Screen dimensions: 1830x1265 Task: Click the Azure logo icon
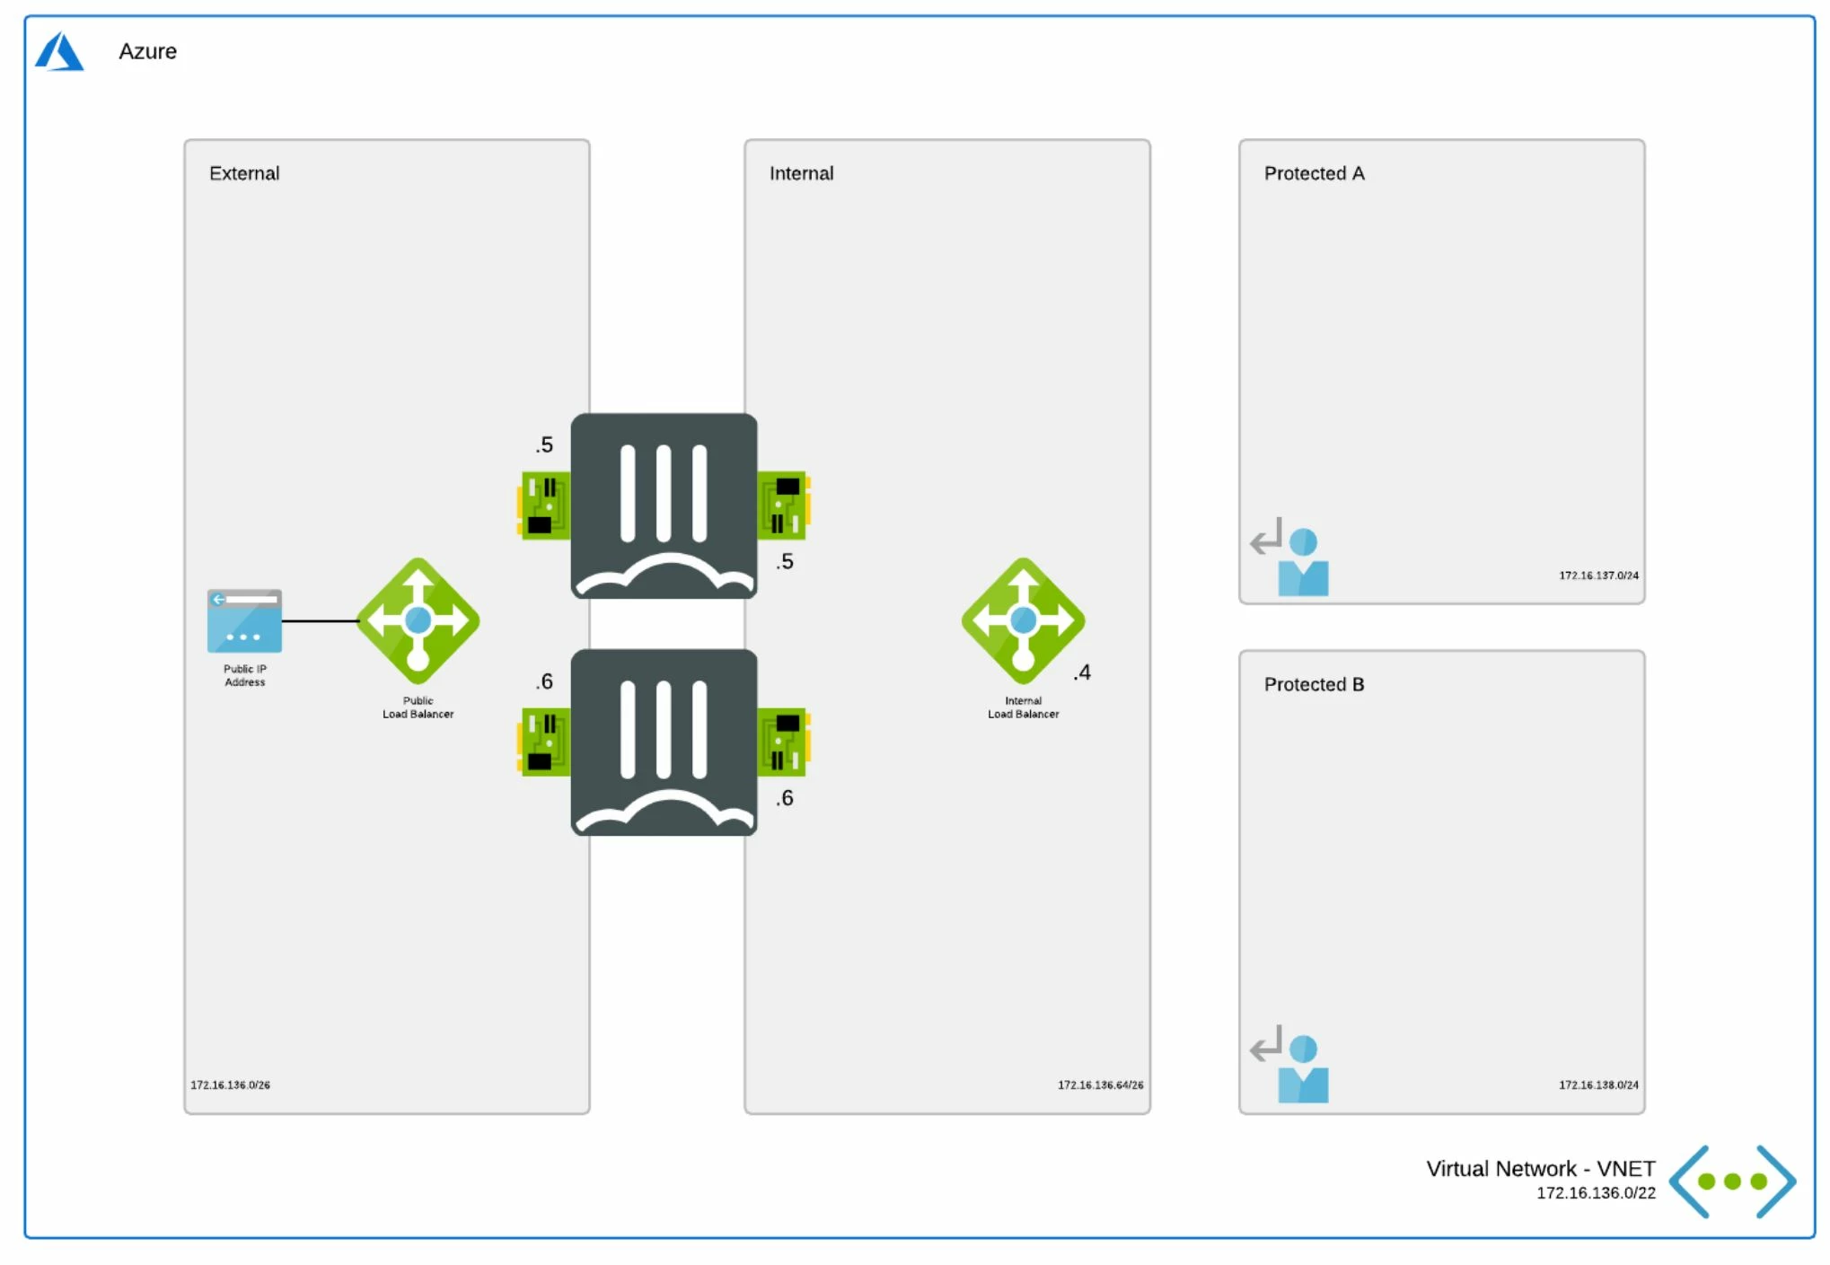pyautogui.click(x=59, y=51)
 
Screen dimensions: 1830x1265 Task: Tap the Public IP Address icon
pyautogui.click(x=244, y=621)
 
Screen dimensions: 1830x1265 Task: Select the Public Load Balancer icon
pyautogui.click(x=418, y=621)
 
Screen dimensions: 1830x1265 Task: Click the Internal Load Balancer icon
pyautogui.click(x=1024, y=621)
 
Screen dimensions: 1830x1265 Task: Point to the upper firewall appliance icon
pyautogui.click(x=664, y=505)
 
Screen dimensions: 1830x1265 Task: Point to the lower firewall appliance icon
pyautogui.click(x=664, y=742)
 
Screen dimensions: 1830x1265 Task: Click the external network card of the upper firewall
pyautogui.click(x=543, y=505)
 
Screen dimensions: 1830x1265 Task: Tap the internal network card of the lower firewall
pyautogui.click(x=784, y=742)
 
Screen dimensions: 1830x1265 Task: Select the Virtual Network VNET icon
pyautogui.click(x=1733, y=1182)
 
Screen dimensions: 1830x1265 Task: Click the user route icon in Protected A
pyautogui.click(x=1290, y=557)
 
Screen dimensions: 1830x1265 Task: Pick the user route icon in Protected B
pyautogui.click(x=1290, y=1064)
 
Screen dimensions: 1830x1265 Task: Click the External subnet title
pyautogui.click(x=244, y=173)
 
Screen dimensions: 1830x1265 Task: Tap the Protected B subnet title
pyautogui.click(x=1314, y=684)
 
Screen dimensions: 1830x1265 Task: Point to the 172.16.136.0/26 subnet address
pyautogui.click(x=230, y=1085)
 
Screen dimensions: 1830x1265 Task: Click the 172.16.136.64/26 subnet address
pyautogui.click(x=1100, y=1085)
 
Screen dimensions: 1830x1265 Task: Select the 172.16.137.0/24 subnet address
pyautogui.click(x=1598, y=575)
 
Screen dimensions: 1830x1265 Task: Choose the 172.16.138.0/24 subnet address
pyautogui.click(x=1598, y=1085)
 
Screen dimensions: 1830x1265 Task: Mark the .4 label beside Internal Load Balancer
pyautogui.click(x=1082, y=672)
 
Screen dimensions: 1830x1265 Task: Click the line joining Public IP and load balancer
pyautogui.click(x=321, y=620)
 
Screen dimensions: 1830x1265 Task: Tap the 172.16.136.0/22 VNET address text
pyautogui.click(x=1596, y=1193)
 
